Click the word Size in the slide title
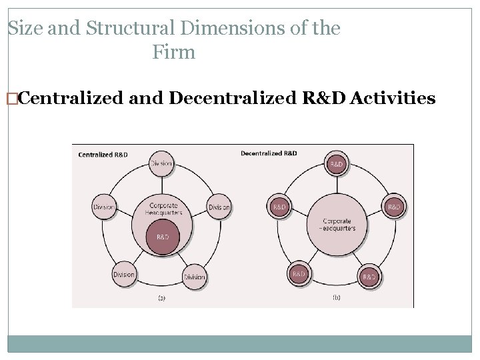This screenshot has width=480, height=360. (23, 29)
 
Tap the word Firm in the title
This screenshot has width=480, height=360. (173, 52)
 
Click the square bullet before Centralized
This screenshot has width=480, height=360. (11, 99)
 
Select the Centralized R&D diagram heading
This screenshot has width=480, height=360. (103, 155)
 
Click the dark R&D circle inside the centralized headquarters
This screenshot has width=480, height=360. (162, 237)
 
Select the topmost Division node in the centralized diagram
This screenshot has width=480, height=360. (161, 164)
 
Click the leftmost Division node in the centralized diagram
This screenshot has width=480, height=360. (103, 207)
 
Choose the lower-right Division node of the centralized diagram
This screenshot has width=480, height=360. (194, 276)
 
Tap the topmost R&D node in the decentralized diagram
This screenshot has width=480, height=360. (337, 164)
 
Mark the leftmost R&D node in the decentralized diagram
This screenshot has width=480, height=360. (279, 207)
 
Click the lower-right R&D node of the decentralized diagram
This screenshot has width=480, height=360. (369, 275)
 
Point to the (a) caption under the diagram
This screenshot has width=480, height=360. (161, 298)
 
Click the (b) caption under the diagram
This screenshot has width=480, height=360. (336, 297)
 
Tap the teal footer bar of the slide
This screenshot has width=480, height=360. (240, 343)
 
